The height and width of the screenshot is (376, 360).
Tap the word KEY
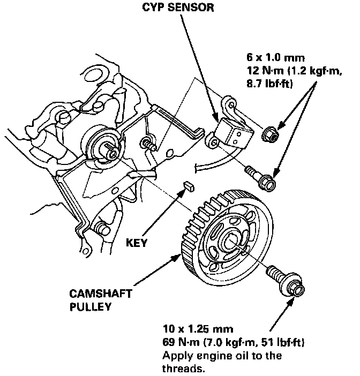click(137, 242)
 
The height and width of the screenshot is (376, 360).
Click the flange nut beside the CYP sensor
click(270, 135)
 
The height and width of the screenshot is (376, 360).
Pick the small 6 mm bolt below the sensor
click(260, 178)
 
